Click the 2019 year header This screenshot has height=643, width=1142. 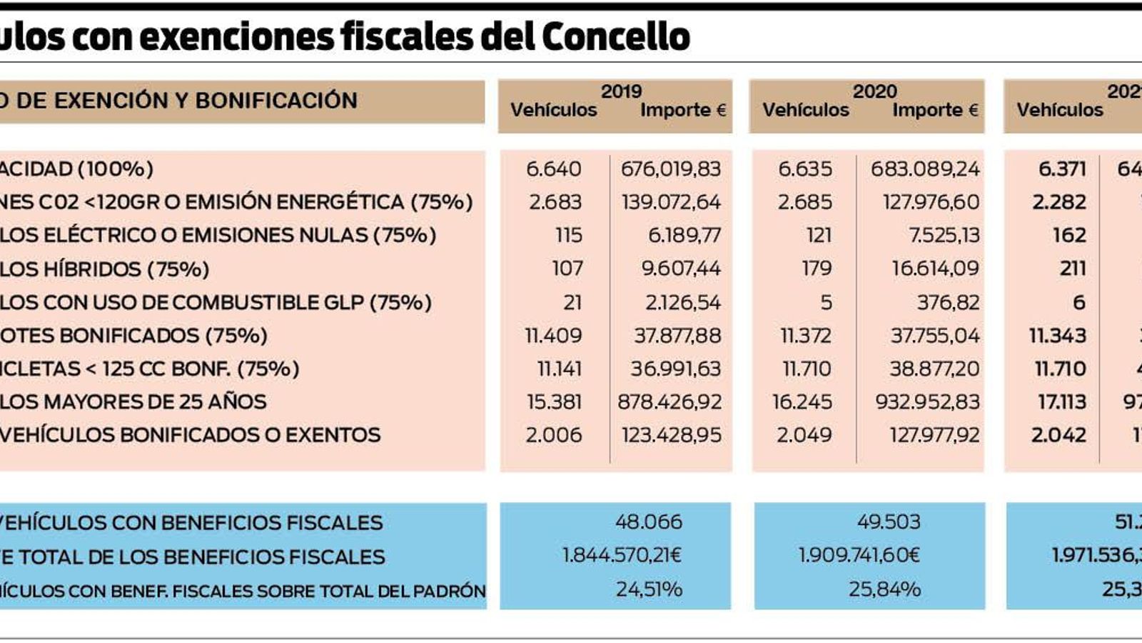pos(621,91)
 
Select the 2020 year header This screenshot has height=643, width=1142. pos(874,91)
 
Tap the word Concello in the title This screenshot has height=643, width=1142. pos(616,36)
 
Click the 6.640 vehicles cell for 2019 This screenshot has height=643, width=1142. pos(553,169)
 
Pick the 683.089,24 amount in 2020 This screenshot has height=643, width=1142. pos(925,169)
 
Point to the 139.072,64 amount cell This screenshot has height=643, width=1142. pos(671,202)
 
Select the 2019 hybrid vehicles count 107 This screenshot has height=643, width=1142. pos(567,269)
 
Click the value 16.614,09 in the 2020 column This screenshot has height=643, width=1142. pos(936,269)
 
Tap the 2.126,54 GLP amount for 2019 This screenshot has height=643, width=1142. pos(683,302)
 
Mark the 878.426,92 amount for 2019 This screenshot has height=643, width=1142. pos(669,402)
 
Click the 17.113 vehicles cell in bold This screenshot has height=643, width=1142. pos(1061,402)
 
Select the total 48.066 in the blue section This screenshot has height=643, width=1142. pos(648,522)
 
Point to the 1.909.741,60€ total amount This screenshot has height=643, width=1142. pos(859,555)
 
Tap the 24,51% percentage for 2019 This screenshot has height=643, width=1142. pos(649,589)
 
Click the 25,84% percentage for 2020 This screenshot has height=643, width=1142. pos(884,589)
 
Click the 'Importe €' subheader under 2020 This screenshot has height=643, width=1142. pos(935,110)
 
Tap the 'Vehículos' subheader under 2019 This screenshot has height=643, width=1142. pos(553,110)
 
